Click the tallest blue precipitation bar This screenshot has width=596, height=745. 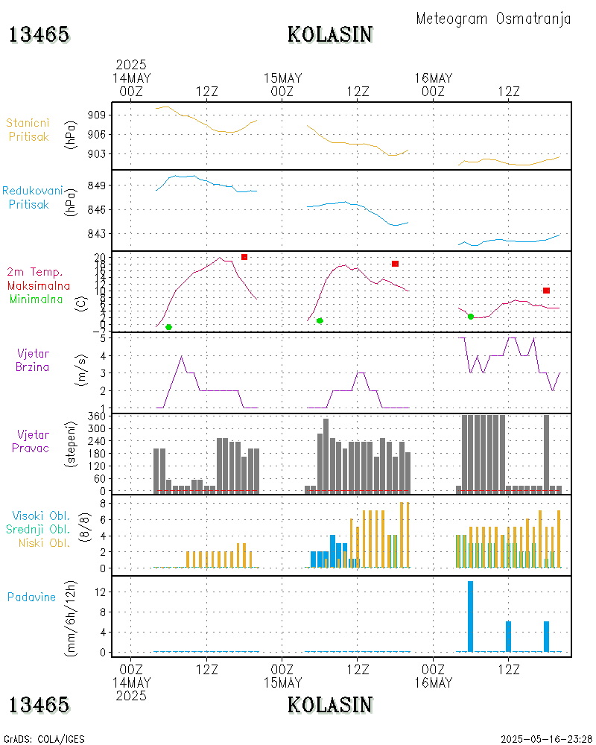470,616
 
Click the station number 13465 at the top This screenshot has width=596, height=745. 39,34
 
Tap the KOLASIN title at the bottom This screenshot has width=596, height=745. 330,705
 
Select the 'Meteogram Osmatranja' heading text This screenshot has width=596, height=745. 493,19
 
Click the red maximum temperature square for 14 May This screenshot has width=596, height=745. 244,257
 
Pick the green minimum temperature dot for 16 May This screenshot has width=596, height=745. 471,317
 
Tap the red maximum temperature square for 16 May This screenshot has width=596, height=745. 546,291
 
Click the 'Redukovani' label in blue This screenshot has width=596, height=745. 32,191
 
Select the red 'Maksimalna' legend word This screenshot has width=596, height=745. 39,285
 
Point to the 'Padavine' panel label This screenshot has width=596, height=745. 31,597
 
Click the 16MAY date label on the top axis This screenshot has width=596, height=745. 433,78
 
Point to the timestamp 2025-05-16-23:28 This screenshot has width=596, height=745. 546,739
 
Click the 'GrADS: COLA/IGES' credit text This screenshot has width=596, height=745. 44,739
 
